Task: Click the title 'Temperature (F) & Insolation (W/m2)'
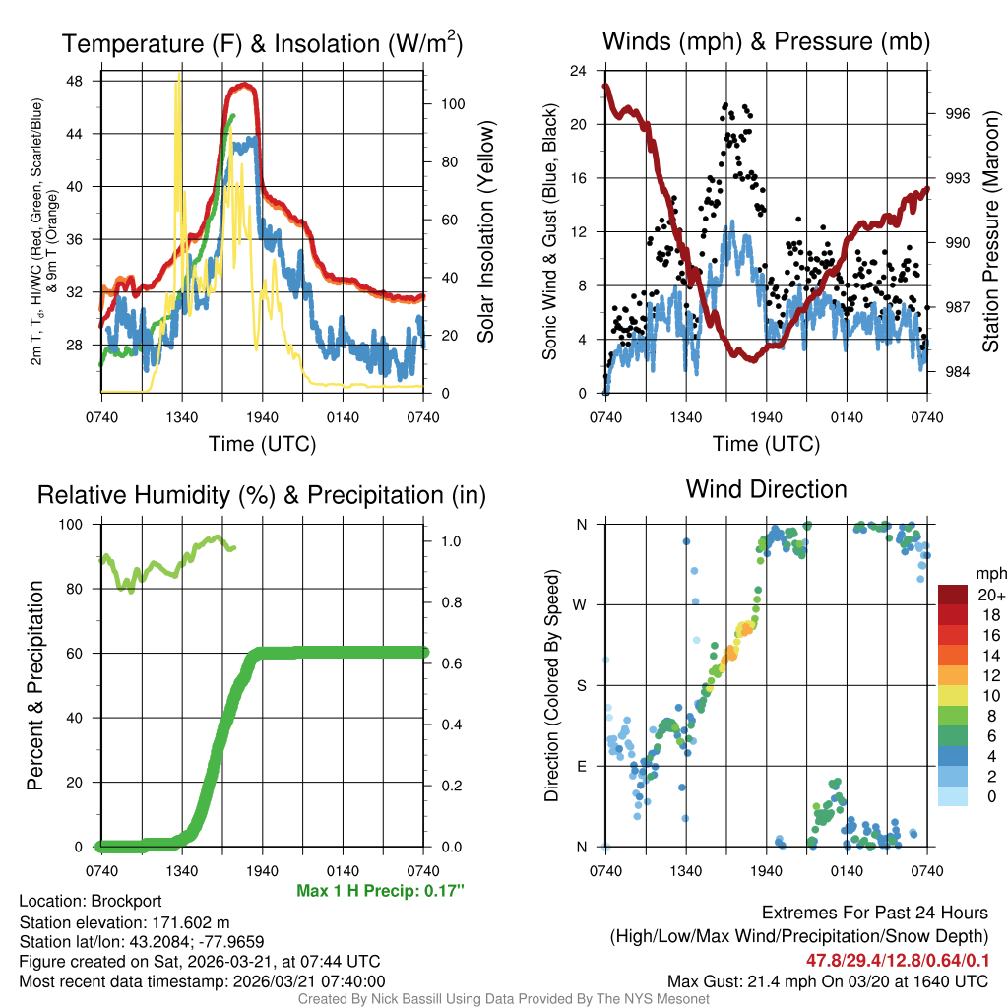(x=262, y=44)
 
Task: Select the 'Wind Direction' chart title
(x=766, y=489)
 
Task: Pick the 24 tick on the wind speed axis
(x=578, y=71)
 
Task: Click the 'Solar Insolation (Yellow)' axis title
(x=485, y=232)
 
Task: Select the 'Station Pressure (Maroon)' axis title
(x=990, y=232)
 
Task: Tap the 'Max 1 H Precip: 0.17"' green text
(x=380, y=891)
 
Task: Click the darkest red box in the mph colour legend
(x=952, y=595)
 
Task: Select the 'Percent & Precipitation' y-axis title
(x=35, y=685)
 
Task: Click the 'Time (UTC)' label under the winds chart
(x=766, y=444)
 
